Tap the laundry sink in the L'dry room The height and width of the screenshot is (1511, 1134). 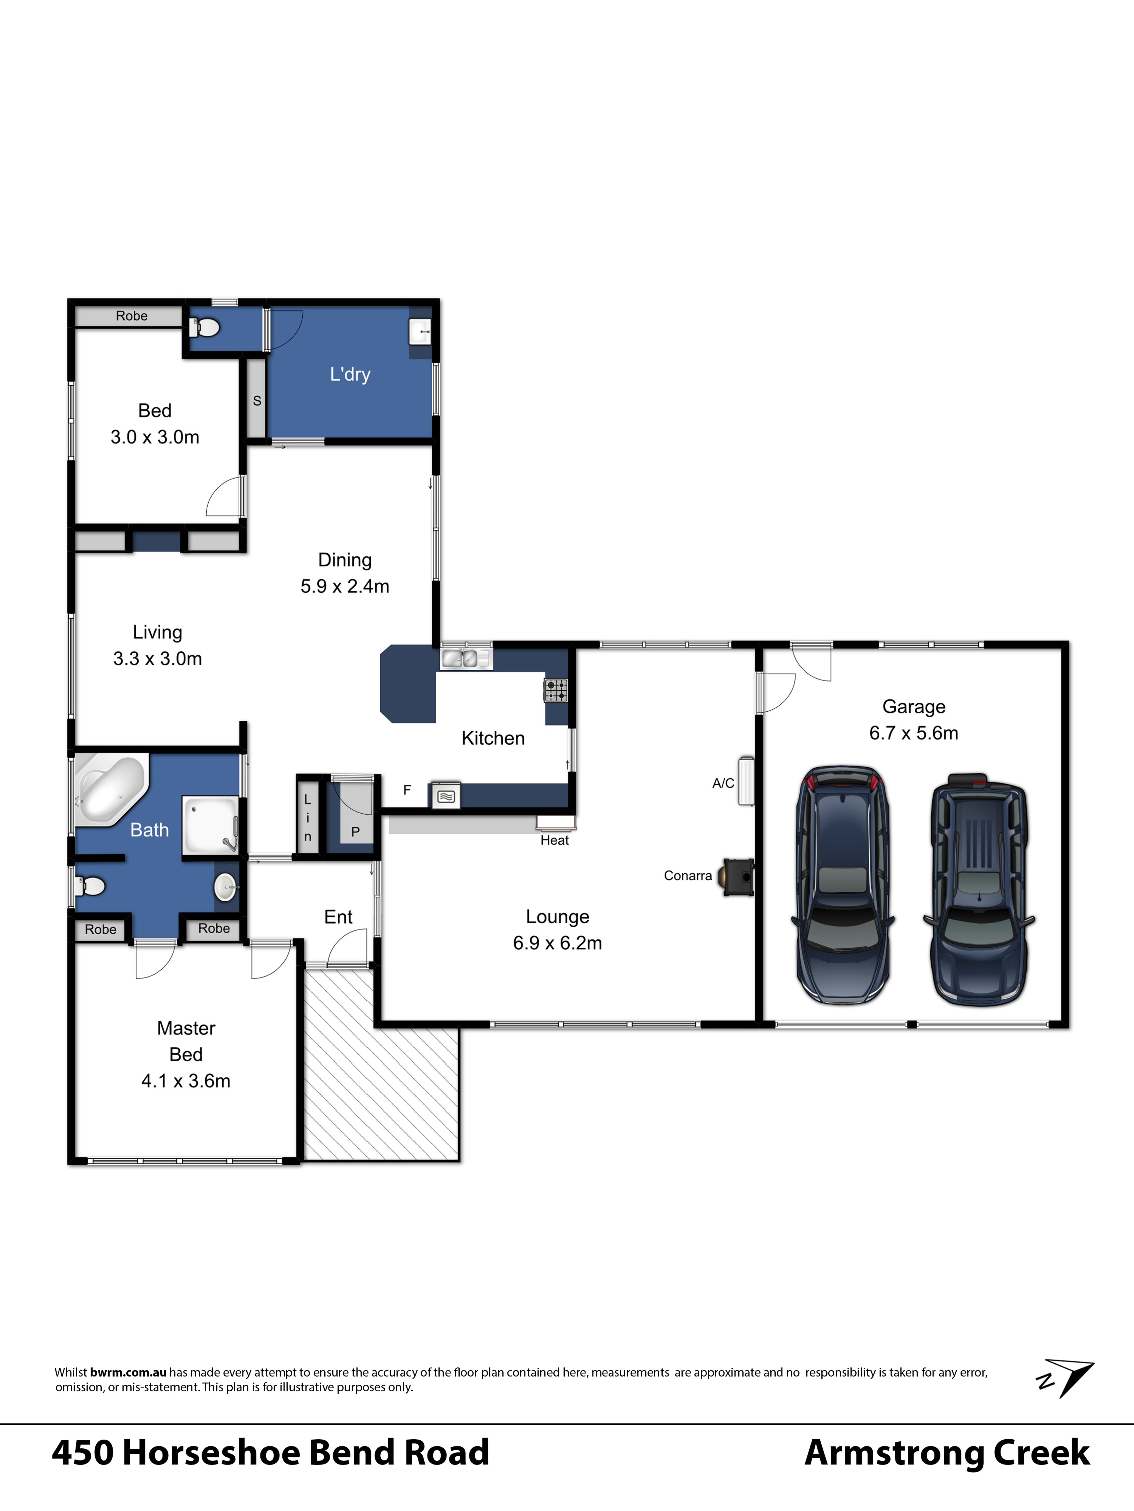coord(420,331)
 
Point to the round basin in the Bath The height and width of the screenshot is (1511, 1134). coord(226,887)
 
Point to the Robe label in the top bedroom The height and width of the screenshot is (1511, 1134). coord(131,316)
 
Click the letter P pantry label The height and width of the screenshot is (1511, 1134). coord(355,832)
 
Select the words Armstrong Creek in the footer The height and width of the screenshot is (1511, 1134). coord(947,1453)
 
